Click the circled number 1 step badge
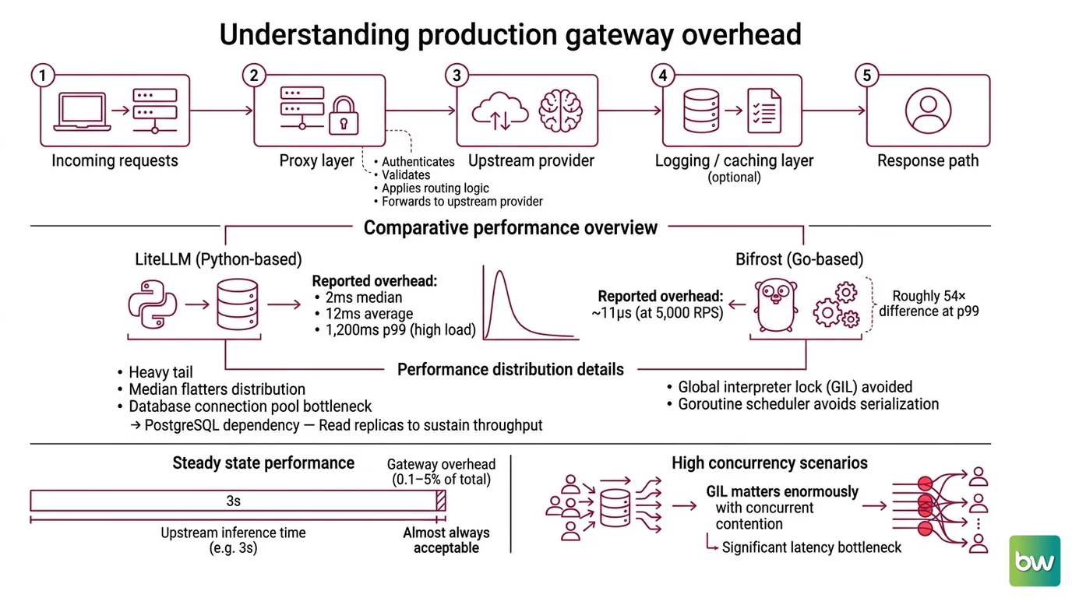pyautogui.click(x=43, y=75)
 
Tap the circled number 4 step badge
pyautogui.click(x=663, y=75)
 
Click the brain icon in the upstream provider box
pyautogui.click(x=560, y=111)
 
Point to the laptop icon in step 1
pyautogui.click(x=82, y=111)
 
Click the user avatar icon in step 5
pyautogui.click(x=928, y=111)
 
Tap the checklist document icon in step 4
pyautogui.click(x=764, y=111)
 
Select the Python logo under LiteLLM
pyautogui.click(x=153, y=304)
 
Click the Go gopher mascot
pyautogui.click(x=776, y=305)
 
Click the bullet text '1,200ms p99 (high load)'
pyautogui.click(x=400, y=329)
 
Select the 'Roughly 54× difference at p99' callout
pyautogui.click(x=929, y=304)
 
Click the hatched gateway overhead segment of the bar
pyautogui.click(x=441, y=501)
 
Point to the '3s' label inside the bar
pyautogui.click(x=233, y=501)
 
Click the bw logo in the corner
pyautogui.click(x=1034, y=561)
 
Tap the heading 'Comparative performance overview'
pyautogui.click(x=510, y=227)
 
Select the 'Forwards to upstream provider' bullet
pyautogui.click(x=462, y=202)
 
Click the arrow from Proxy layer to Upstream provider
pyautogui.click(x=420, y=111)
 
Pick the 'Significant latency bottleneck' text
pyautogui.click(x=811, y=547)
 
